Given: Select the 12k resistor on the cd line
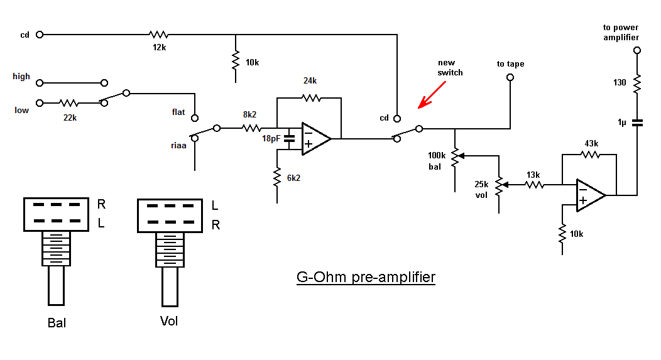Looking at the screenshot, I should point(158,35).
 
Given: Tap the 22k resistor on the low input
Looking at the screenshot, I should point(69,102).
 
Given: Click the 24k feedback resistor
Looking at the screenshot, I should point(310,97).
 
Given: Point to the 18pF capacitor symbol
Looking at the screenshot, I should point(290,139).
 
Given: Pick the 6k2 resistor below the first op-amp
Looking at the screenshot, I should point(276,178).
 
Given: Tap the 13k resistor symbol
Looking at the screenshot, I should point(534,185).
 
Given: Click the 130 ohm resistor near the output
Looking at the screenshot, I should point(636,83).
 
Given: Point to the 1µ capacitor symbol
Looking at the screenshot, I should point(636,123).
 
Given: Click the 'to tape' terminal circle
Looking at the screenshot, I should point(510,77).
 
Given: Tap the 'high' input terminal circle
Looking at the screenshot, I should point(40,83).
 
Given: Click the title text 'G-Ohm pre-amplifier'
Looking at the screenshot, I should point(366,276).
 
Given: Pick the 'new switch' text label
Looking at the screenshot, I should point(450,68).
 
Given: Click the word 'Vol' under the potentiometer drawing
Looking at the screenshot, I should point(169,321).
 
